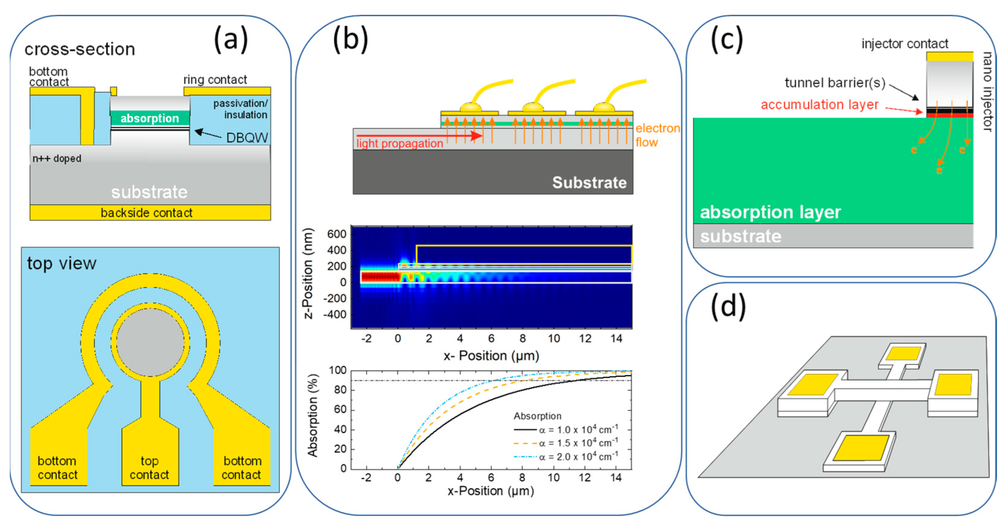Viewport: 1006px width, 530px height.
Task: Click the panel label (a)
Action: [231, 39]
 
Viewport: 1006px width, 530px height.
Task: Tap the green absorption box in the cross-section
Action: [150, 118]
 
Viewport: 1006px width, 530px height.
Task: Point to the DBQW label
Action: [247, 138]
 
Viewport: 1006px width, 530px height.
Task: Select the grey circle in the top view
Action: [150, 342]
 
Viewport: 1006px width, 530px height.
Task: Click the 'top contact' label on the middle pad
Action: [150, 468]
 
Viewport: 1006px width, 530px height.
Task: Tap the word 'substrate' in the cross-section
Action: [150, 192]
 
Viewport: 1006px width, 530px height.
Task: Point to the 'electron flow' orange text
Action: [657, 135]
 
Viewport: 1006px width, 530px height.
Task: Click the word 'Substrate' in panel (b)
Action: [589, 182]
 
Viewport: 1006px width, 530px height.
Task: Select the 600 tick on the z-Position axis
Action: [337, 234]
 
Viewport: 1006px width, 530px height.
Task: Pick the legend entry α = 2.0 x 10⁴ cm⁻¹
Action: [578, 457]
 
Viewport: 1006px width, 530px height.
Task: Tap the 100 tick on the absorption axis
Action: [337, 370]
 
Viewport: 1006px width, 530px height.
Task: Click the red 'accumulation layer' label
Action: [819, 105]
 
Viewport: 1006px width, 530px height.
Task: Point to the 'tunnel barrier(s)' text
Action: [834, 83]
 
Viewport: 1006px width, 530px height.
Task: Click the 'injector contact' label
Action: [904, 44]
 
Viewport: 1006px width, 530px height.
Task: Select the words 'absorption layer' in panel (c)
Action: [770, 212]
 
